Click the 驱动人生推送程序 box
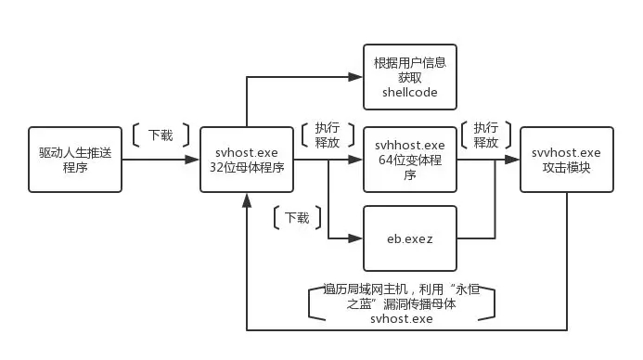75,160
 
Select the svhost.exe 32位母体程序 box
247,160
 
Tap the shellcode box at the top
410,77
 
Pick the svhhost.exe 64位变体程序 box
410,160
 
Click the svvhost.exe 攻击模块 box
567,160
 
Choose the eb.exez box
410,238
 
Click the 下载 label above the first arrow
161,135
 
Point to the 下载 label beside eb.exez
297,217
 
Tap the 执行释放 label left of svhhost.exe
328,135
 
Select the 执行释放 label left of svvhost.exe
486,135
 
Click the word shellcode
410,92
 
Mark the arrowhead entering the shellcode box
355,77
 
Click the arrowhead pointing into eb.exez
355,238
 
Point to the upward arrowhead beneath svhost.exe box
247,200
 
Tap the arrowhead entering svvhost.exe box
512,160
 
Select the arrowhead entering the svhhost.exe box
355,160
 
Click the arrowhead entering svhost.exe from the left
192,160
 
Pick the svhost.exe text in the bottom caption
402,318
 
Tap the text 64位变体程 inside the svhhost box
410,160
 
